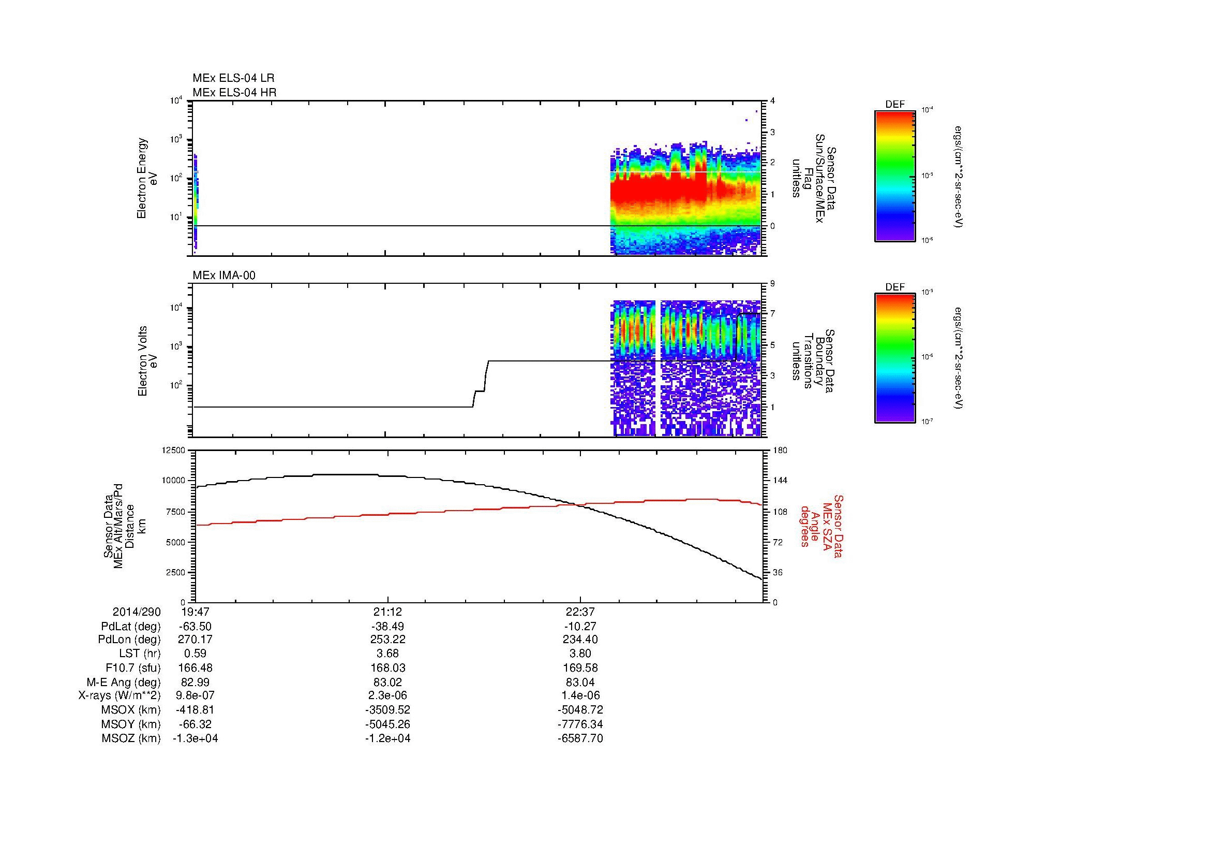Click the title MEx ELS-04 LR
pos(233,78)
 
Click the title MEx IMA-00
pos(224,275)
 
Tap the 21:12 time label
pos(387,612)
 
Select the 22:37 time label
pos(580,612)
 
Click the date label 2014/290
pos(137,612)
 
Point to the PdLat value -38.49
pos(387,627)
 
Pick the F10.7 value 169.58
pos(580,668)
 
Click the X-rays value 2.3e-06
pos(387,695)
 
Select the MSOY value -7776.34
pos(580,724)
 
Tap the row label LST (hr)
pos(140,654)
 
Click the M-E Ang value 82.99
pos(195,682)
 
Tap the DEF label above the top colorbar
pos(894,105)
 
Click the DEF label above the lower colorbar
pos(894,287)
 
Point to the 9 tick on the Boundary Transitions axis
pos(772,283)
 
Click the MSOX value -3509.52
pos(387,710)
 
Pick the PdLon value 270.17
pos(195,640)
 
